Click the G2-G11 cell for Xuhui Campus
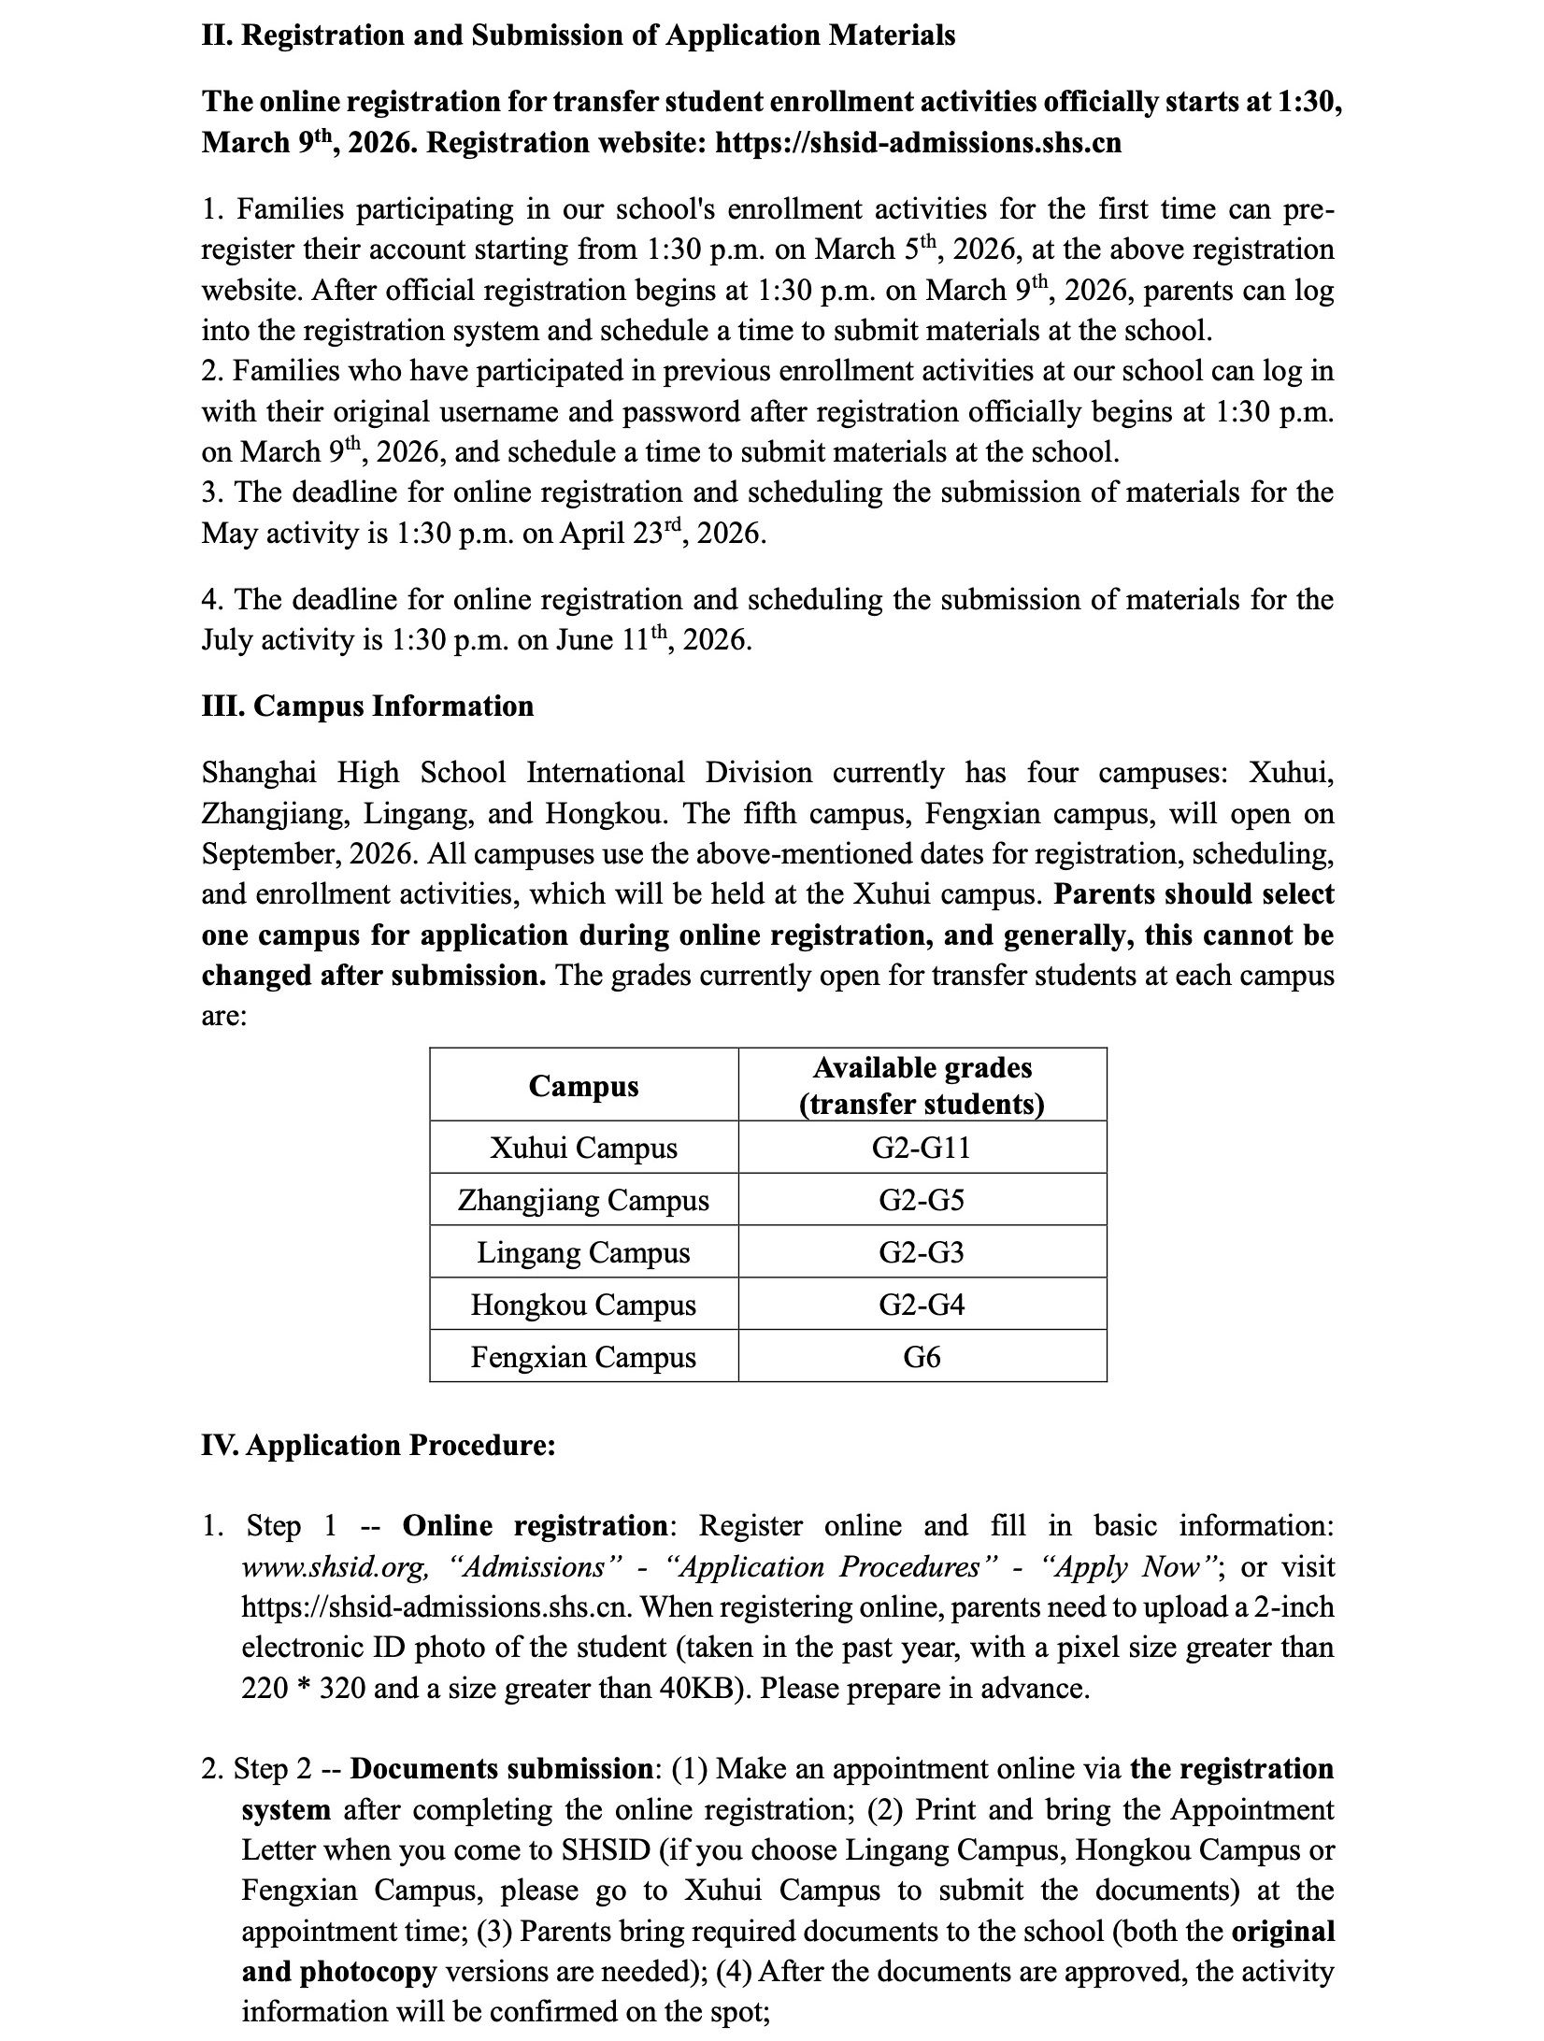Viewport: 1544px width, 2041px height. pyautogui.click(x=922, y=1148)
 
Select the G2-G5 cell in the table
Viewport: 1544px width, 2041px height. pyautogui.click(x=922, y=1200)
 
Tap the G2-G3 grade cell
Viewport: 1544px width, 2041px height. pyautogui.click(x=922, y=1252)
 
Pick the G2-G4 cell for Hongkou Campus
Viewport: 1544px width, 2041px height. pyautogui.click(x=922, y=1305)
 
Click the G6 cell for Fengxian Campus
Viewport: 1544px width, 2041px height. pyautogui.click(x=922, y=1357)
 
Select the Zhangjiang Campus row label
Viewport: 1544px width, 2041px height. pyautogui.click(x=583, y=1200)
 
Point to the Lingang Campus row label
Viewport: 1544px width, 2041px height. pyautogui.click(x=583, y=1252)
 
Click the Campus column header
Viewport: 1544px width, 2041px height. pyautogui.click(x=583, y=1086)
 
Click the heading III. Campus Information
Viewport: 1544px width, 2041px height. pyautogui.click(x=367, y=706)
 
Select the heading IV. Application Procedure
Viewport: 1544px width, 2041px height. pyautogui.click(x=379, y=1446)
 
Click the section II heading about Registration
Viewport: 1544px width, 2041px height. pyautogui.click(x=579, y=36)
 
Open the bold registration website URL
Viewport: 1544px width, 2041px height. pyautogui.click(x=918, y=143)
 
